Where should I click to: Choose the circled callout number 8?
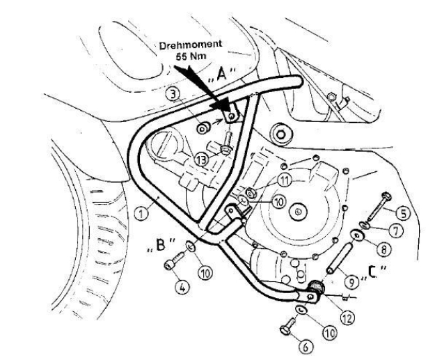pyautogui.click(x=385, y=246)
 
